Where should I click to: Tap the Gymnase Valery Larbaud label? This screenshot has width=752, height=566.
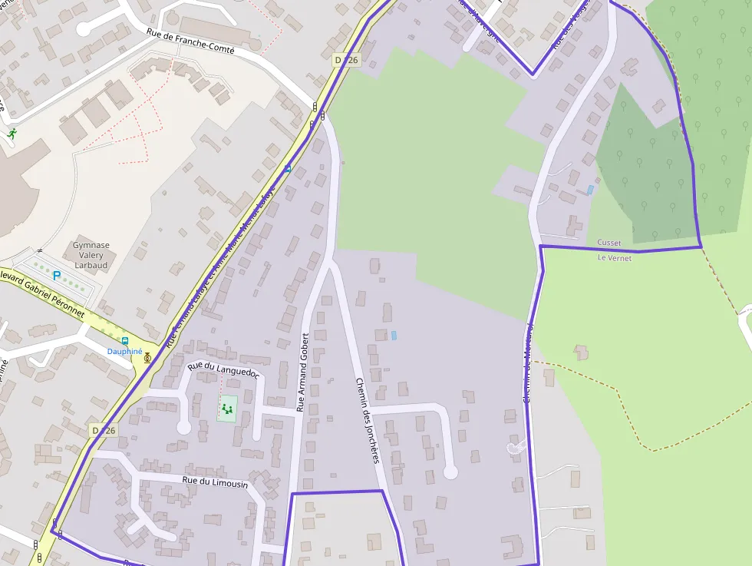point(91,255)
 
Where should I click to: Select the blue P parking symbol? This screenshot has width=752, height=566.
point(56,275)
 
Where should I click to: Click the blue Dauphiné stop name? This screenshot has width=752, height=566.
point(124,351)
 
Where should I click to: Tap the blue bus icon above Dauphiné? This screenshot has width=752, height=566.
point(125,340)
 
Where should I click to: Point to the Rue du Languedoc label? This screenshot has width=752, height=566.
point(223,369)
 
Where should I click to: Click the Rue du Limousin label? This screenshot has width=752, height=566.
point(215,482)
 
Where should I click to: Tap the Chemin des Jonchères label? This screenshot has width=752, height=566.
point(368,420)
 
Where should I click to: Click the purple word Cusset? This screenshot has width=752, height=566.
point(609,243)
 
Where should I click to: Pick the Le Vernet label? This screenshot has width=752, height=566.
point(615,258)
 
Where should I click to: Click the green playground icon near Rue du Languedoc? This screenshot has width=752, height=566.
point(226,409)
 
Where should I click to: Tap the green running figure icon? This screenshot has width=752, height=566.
point(12,134)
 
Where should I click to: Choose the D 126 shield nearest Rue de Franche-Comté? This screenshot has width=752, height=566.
point(347,60)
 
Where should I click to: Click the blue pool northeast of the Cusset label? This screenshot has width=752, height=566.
point(590,190)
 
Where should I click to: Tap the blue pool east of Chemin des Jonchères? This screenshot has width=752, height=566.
point(394,336)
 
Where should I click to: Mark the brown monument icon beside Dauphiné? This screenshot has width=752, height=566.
point(147,357)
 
